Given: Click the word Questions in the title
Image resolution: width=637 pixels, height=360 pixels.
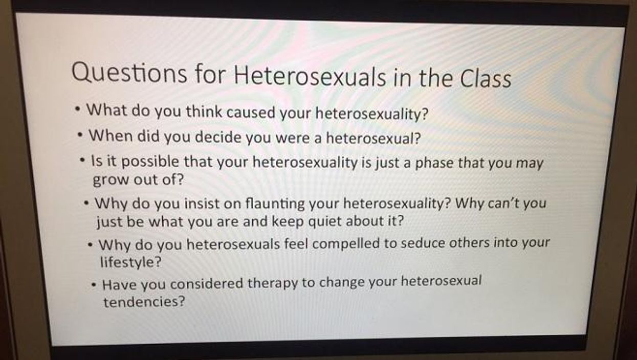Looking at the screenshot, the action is coord(129,73).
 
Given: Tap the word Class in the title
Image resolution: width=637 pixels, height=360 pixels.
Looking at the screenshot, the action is coord(485,78).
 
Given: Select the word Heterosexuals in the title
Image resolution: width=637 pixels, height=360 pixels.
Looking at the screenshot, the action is coord(310,76).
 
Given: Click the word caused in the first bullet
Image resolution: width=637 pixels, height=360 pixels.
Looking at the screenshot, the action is coord(251,112).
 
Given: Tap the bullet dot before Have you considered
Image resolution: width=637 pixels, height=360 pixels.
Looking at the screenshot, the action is coord(94,284).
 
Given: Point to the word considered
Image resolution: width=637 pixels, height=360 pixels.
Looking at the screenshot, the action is coord(207,284).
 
